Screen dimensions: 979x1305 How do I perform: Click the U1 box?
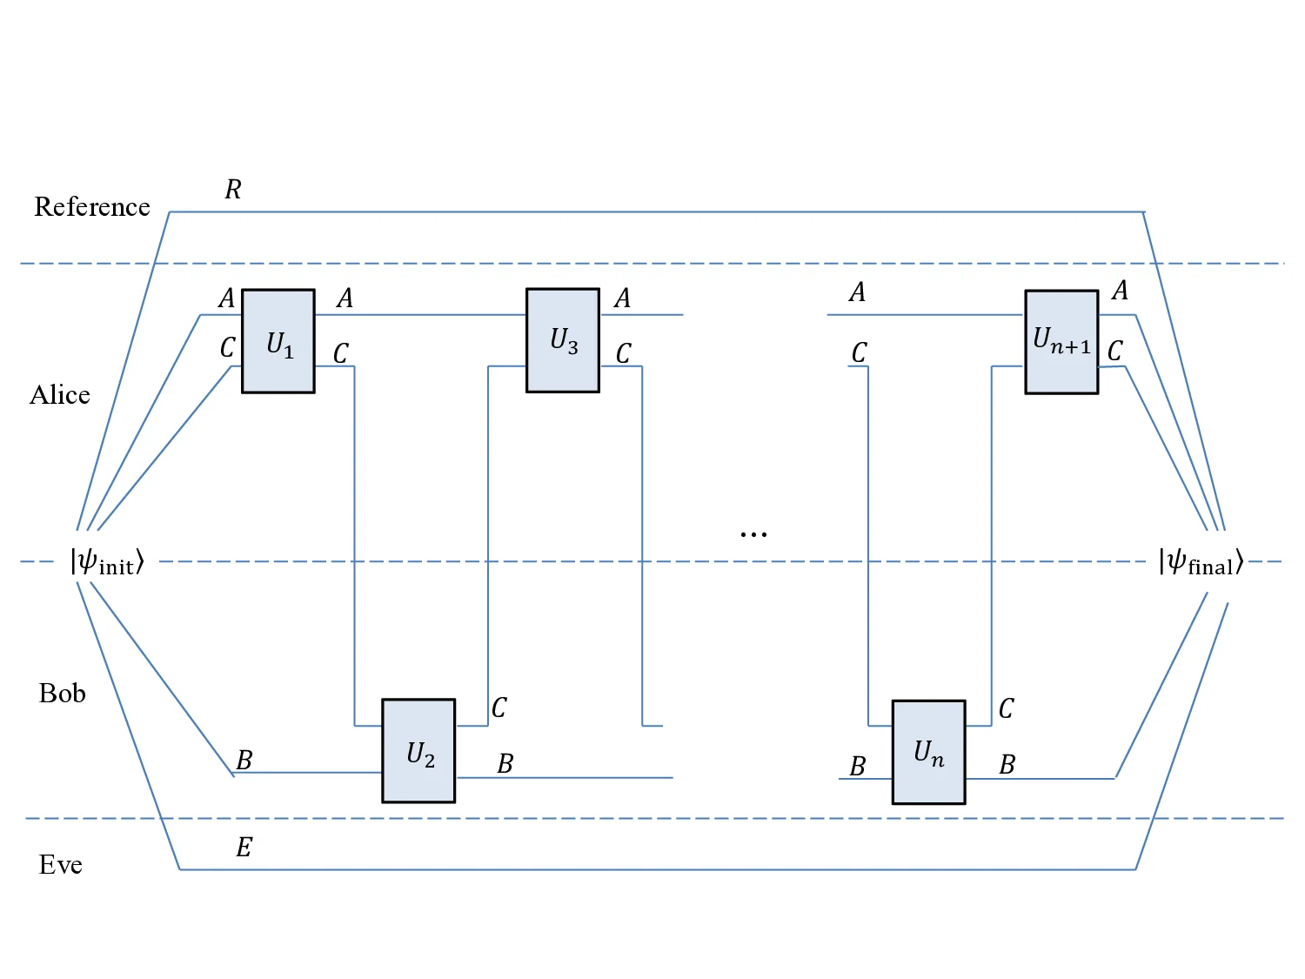coord(278,341)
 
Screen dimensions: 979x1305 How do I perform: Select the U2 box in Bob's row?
coord(418,750)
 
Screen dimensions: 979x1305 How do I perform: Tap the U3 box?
coord(563,340)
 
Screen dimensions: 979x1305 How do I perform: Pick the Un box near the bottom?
coord(928,752)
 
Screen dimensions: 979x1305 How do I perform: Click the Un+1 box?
coord(1061,342)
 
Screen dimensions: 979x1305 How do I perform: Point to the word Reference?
coord(92,207)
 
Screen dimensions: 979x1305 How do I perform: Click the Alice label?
coord(60,395)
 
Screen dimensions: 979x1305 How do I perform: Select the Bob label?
coord(63,694)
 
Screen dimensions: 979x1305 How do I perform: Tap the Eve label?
coord(61,865)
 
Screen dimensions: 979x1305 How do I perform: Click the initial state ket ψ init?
coord(107,561)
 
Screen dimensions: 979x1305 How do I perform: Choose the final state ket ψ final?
coord(1201,562)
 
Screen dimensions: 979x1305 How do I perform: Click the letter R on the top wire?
coord(233,190)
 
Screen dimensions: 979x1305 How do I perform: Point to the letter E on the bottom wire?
coord(244,848)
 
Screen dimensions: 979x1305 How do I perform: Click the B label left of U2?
coord(244,761)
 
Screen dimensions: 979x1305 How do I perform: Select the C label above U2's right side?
coord(499,707)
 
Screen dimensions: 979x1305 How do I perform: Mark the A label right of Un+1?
coord(1121,290)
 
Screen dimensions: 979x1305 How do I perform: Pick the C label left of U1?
coord(227,348)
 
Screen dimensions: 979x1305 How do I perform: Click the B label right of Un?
coord(1007,765)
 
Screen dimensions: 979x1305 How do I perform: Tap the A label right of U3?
coord(622,298)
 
